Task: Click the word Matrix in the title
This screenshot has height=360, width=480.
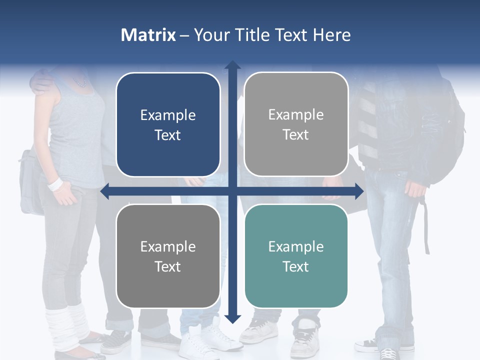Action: coord(148,35)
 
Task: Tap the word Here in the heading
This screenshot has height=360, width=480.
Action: coord(332,35)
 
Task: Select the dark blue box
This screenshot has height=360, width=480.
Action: coord(168,124)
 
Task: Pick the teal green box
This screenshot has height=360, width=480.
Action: coord(296,256)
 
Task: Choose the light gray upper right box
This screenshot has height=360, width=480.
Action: coord(296,124)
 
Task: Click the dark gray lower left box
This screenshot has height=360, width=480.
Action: coord(168,256)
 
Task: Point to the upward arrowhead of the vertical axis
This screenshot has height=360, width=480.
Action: coord(232,65)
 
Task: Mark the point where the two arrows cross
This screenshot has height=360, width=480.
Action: coord(232,191)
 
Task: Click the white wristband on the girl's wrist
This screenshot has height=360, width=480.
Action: coord(55,184)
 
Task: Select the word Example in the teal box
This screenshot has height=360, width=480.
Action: coord(296,246)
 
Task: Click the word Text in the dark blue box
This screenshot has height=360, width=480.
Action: coord(168,135)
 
